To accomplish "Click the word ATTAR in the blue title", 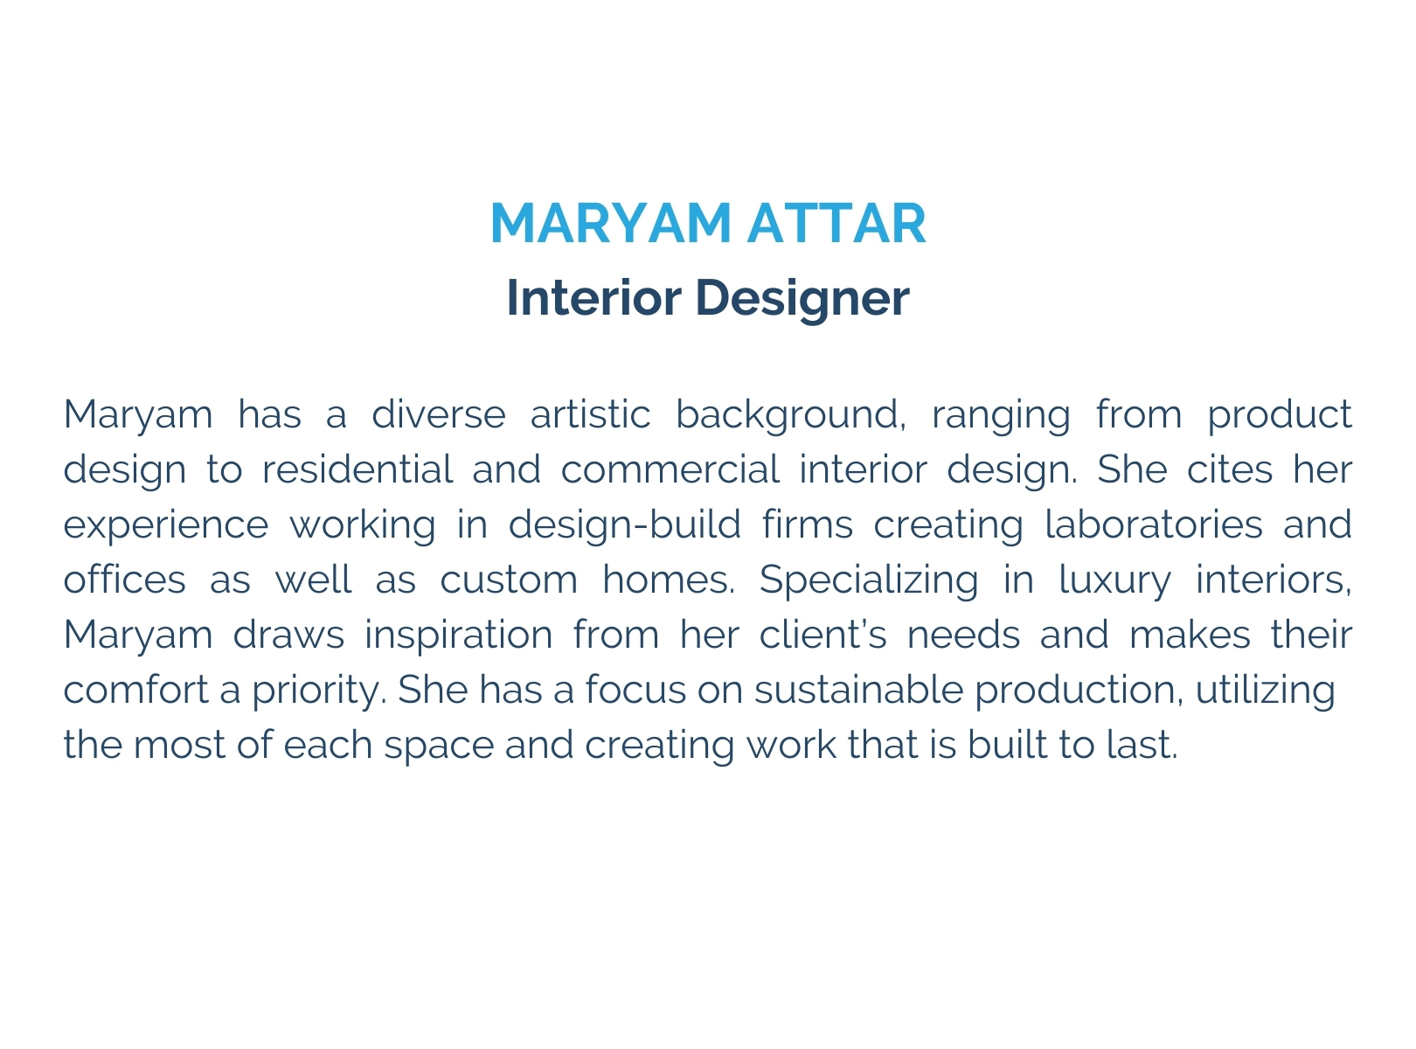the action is [836, 224].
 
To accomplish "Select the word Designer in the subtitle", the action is [802, 299].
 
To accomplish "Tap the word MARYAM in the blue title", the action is [610, 224].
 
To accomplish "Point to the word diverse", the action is [439, 413].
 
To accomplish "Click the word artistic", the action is [590, 413].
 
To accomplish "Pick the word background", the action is [790, 415].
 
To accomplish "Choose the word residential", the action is [357, 469].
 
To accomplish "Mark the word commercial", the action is [670, 469].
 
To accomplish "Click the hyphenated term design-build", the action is [624, 525].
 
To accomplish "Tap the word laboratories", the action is [1153, 524].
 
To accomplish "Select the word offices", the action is [124, 579].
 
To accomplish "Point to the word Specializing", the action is [868, 580].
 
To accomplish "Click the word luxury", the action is [1114, 580].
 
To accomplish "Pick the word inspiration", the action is [458, 636].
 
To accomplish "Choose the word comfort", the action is [136, 690].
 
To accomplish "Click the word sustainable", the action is [858, 690].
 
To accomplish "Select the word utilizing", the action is [1265, 691].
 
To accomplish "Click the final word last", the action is [1142, 745].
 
